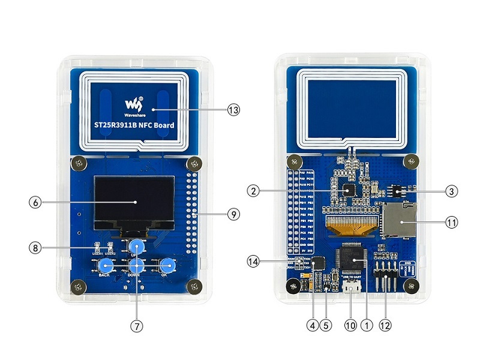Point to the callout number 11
[x=451, y=222]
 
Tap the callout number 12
[x=385, y=326]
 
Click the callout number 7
[x=137, y=326]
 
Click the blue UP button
[x=137, y=246]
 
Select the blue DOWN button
[x=137, y=266]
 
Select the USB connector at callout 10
[x=352, y=287]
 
